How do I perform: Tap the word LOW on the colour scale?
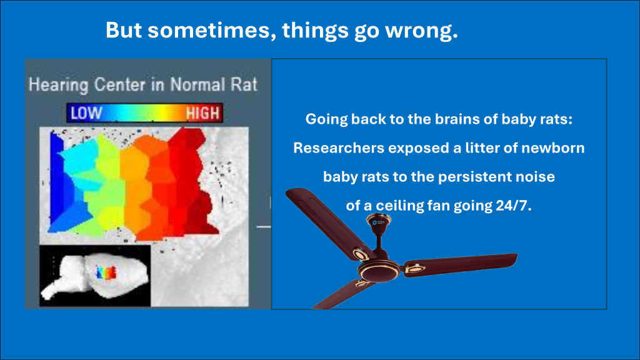click(x=86, y=113)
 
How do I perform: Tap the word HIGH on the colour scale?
click(x=203, y=113)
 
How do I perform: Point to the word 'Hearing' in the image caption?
click(x=58, y=85)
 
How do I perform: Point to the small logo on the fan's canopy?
click(x=378, y=222)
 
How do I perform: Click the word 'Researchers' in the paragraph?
click(x=339, y=147)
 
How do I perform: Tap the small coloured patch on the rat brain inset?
click(x=106, y=272)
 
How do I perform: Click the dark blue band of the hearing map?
click(x=57, y=179)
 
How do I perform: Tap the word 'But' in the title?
click(x=124, y=30)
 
